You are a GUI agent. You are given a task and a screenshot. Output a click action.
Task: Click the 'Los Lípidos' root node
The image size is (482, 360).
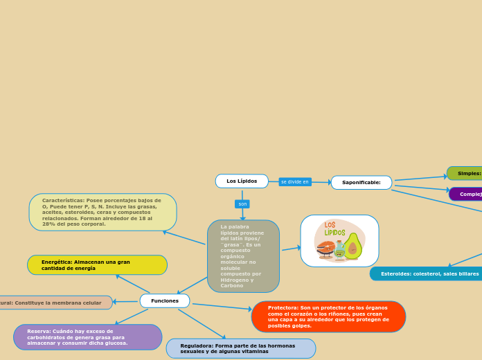tap(242, 181)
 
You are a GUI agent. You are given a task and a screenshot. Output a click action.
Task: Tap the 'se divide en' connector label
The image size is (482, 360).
tap(295, 182)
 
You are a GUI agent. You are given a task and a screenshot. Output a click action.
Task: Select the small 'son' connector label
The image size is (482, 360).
tap(242, 204)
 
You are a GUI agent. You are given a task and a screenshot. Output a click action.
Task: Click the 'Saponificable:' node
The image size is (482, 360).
tap(361, 183)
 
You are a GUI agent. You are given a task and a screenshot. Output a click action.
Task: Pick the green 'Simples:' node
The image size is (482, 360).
tap(465, 173)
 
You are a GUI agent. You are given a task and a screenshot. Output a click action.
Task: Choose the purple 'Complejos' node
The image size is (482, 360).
tap(467, 195)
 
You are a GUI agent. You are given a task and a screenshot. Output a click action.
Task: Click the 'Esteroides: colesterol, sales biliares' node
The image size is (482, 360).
tap(428, 274)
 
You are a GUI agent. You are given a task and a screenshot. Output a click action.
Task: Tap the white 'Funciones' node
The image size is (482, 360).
tap(165, 301)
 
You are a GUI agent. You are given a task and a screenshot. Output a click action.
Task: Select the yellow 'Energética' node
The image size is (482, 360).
tap(97, 265)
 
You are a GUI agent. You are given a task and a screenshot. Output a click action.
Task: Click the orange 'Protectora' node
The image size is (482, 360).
tap(328, 316)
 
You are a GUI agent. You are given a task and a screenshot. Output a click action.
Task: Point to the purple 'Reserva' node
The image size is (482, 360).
tap(87, 337)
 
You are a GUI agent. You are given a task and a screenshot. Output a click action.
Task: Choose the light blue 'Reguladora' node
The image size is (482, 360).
tap(240, 348)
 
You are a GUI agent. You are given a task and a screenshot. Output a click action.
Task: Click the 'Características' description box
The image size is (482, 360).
tap(102, 213)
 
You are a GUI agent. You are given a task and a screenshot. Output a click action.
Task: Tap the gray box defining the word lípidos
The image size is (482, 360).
tap(243, 256)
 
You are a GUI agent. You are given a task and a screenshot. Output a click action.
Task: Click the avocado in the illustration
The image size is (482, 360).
tap(352, 247)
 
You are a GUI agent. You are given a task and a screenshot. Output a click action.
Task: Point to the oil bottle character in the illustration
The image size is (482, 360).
tap(339, 250)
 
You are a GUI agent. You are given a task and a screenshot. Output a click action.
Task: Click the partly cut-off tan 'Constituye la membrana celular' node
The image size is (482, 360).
tap(55, 303)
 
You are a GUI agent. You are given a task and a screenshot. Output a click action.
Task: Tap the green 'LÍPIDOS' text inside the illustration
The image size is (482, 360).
tap(335, 233)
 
